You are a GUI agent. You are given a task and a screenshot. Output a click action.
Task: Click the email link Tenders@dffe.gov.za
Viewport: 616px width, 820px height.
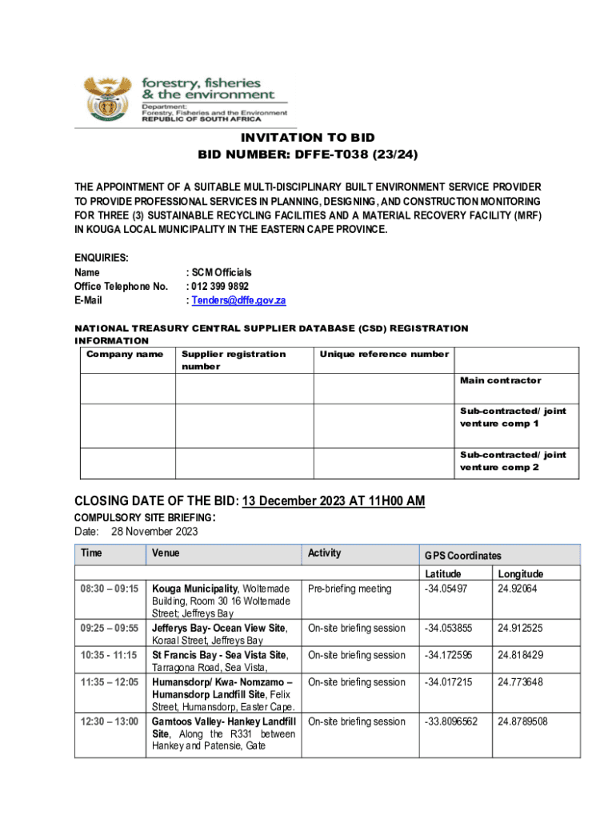(238, 300)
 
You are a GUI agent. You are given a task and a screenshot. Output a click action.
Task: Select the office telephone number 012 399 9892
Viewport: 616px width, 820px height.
(220, 286)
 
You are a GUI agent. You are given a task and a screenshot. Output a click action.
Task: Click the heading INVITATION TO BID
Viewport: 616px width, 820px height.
(308, 138)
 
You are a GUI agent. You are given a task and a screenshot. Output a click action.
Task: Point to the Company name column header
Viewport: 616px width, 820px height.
(125, 354)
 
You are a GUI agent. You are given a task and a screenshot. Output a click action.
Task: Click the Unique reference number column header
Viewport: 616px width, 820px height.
(384, 354)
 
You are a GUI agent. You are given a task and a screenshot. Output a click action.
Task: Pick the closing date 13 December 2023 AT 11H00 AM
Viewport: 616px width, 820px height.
(333, 501)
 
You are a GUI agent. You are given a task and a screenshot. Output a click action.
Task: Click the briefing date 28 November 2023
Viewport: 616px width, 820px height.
(154, 532)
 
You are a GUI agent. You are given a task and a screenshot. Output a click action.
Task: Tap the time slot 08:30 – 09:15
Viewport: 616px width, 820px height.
(110, 589)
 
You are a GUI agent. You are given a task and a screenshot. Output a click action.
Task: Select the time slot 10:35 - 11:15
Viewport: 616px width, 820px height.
(110, 655)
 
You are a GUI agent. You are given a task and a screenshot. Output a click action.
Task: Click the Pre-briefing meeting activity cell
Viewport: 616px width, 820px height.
(350, 589)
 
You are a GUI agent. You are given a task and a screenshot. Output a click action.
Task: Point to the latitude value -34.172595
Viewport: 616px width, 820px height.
(449, 655)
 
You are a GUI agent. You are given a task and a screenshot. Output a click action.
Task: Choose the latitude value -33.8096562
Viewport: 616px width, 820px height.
(451, 722)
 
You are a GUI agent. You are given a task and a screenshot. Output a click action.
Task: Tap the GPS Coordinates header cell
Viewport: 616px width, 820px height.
(463, 555)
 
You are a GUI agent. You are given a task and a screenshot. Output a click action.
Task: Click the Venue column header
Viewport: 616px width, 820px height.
(166, 553)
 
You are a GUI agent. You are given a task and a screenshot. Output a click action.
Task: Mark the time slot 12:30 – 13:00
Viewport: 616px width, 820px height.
(110, 722)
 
